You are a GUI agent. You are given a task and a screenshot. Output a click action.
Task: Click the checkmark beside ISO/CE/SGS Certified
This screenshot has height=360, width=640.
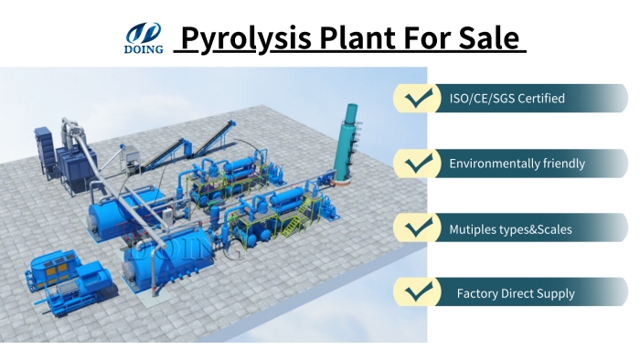coord(419,98)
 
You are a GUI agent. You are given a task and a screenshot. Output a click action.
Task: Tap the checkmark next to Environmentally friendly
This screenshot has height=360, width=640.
coord(419,164)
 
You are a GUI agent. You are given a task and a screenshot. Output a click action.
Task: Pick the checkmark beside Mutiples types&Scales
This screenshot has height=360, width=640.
coord(419,228)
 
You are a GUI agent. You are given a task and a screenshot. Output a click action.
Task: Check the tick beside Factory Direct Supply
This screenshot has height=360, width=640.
coord(419,293)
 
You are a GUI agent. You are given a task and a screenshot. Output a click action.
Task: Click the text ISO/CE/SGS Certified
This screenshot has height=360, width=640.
coord(507,98)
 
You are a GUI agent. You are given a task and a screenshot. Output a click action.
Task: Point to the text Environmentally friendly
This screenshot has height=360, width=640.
coord(517,164)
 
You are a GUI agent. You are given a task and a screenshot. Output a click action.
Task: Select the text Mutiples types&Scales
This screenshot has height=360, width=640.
coord(510,229)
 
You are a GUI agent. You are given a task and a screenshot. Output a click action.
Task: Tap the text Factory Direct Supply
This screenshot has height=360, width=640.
coord(516,293)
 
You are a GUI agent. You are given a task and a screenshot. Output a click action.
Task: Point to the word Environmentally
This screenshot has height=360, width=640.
coord(494,164)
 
